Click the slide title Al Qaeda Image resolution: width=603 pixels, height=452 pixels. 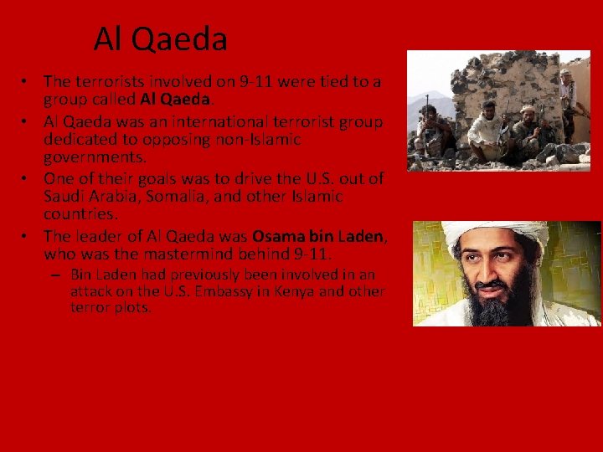tap(160, 39)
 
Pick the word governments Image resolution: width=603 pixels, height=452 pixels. tap(87, 156)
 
